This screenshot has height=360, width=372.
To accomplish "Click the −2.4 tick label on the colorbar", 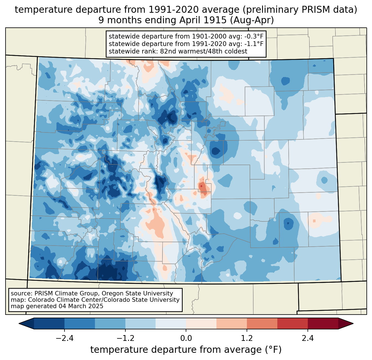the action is (x=64, y=338).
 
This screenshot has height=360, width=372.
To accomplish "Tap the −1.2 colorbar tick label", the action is (x=125, y=338).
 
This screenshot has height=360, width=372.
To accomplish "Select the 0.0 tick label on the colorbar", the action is (x=186, y=338).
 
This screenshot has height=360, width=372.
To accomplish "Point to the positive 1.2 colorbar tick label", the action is (x=247, y=338).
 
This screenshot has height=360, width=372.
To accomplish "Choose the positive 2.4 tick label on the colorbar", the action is (x=308, y=338).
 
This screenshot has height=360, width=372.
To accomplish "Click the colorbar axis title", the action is (x=186, y=349).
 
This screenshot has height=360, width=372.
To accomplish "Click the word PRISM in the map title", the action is (x=313, y=10).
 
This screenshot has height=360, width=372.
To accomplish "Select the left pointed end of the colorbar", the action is (x=19, y=323).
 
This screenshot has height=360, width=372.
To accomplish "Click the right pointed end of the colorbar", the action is (x=353, y=323).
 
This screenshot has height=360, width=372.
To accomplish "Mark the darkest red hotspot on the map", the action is (x=201, y=186).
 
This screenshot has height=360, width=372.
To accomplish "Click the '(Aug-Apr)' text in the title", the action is (x=252, y=20).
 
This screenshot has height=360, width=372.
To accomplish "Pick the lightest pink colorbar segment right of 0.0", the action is (x=201, y=323).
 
